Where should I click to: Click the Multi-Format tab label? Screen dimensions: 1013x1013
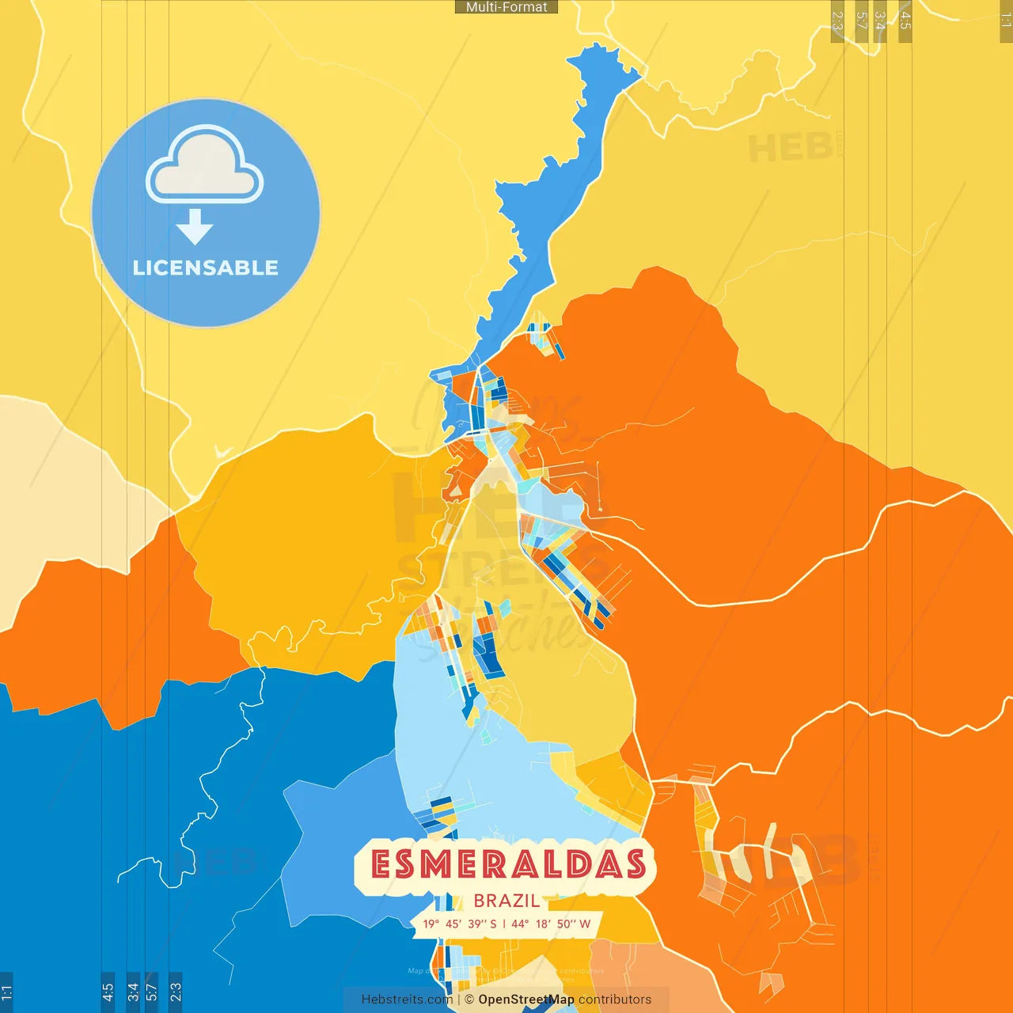506,7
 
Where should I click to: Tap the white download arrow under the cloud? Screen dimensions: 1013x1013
195,227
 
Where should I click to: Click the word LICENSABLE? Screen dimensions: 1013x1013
206,268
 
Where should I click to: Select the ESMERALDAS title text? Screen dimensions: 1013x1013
507,865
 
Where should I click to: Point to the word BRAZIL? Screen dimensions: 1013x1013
506,901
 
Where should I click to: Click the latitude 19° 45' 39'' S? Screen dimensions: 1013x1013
460,924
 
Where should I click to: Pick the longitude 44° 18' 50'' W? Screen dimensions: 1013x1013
551,924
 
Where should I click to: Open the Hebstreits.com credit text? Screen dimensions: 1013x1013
407,1000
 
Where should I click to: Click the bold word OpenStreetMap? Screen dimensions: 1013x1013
525,1000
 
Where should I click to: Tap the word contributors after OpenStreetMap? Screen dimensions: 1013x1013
615,1000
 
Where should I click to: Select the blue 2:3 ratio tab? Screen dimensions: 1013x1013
176,991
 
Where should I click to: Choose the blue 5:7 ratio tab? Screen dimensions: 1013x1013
152,991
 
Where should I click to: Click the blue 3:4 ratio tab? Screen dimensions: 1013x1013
133,991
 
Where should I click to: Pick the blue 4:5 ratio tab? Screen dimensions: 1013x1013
108,991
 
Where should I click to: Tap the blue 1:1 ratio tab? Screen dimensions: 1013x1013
6,992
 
